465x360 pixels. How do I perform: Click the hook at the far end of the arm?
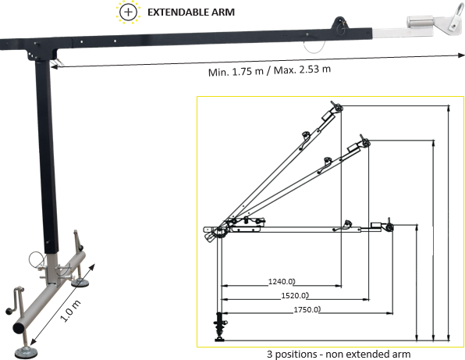click(x=450, y=23)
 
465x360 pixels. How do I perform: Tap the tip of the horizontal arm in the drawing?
click(x=389, y=226)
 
